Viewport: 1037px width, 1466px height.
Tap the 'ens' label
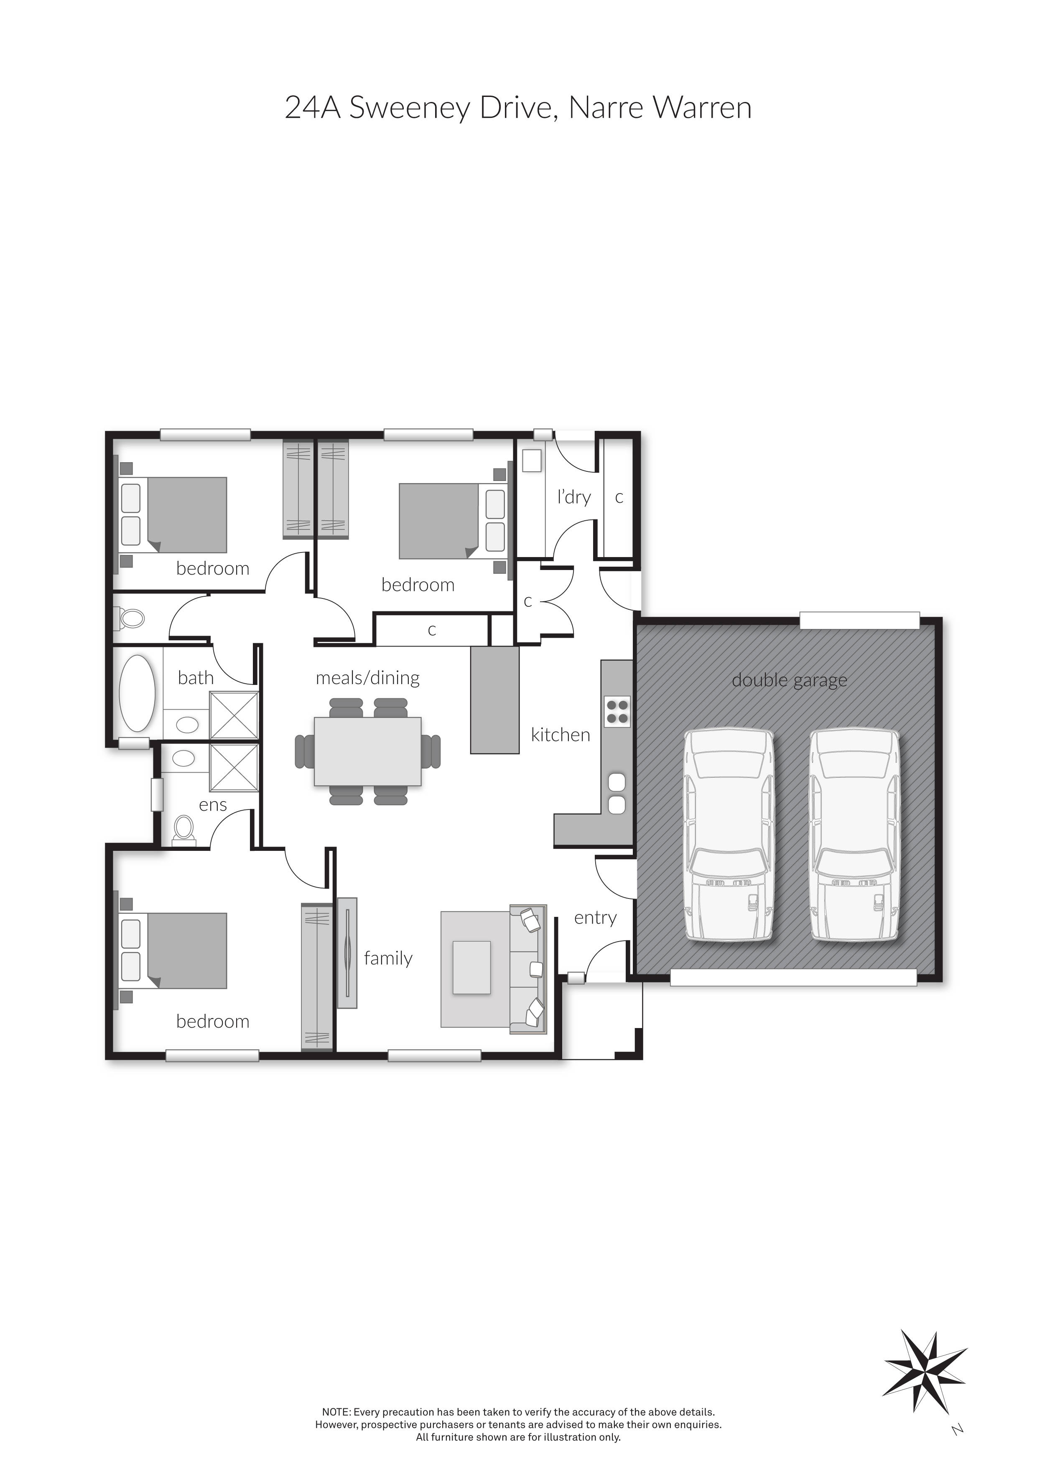[213, 805]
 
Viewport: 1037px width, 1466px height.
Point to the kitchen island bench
[495, 700]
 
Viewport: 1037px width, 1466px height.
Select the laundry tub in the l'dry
[531, 461]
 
